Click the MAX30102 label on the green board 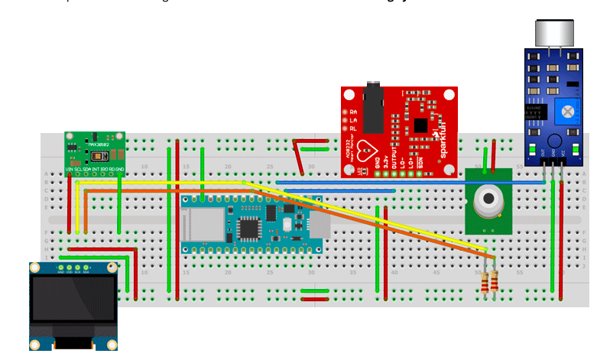click(99, 143)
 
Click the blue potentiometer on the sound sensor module click(567, 112)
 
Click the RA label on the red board click(353, 112)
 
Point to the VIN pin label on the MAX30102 click(70, 168)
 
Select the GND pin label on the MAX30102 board click(119, 168)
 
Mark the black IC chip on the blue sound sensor click(536, 112)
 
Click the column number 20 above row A click(228, 166)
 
